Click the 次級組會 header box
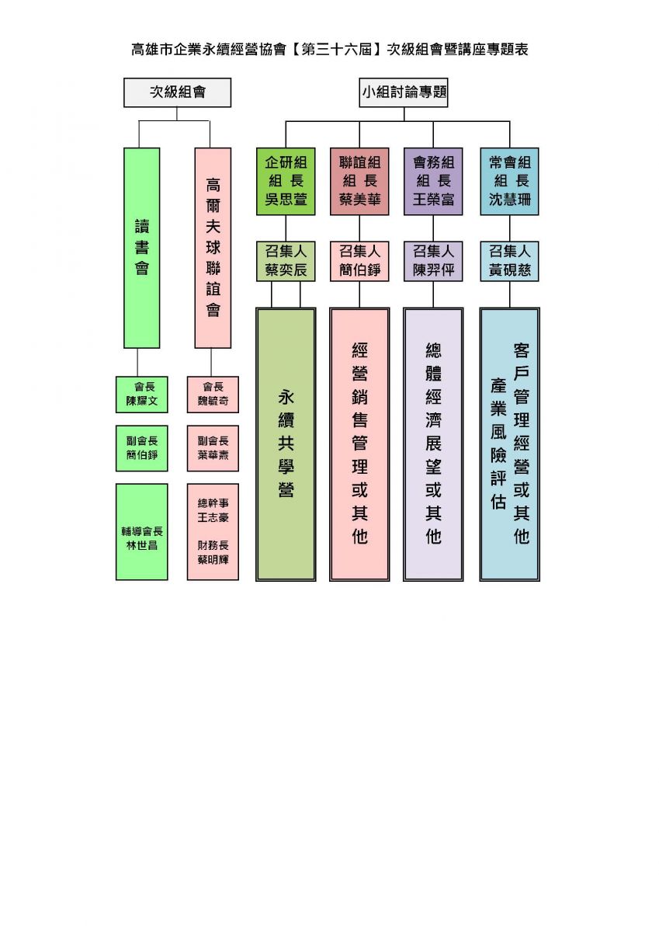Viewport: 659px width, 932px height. tap(177, 92)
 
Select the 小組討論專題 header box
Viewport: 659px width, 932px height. tap(404, 92)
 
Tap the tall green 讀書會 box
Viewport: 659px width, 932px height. tap(142, 248)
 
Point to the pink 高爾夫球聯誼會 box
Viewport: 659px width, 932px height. tap(213, 248)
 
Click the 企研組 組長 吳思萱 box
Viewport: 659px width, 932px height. tap(286, 182)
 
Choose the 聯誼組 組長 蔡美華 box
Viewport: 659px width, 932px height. tap(359, 182)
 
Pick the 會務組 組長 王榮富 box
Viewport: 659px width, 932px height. tap(433, 182)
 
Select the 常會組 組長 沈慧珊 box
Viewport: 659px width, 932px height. tap(509, 182)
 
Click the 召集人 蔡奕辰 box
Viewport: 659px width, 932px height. tap(286, 261)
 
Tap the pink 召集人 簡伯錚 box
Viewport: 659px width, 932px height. tap(359, 261)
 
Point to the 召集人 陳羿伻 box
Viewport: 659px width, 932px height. tap(433, 261)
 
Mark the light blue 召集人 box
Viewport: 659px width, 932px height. tap(509, 261)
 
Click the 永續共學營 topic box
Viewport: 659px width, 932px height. tap(286, 444)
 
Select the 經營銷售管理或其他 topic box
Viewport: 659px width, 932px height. tap(359, 444)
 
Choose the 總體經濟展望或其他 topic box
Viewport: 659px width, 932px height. tap(433, 444)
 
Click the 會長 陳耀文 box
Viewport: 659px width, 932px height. tap(142, 395)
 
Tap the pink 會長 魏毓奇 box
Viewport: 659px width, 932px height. tap(213, 395)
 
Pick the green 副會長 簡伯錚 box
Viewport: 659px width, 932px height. tap(142, 448)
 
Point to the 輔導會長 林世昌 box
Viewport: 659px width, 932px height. tap(142, 532)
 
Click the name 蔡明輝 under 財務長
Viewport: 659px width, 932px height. tap(213, 559)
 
